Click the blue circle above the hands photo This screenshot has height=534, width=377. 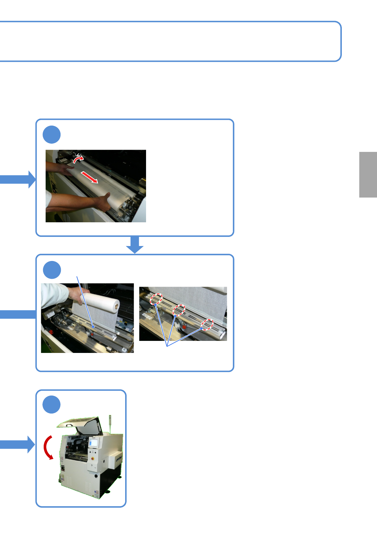[x=52, y=134]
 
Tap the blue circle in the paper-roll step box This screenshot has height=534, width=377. [x=52, y=270]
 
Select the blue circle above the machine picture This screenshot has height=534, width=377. [x=52, y=405]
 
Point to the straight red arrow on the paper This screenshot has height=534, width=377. [x=89, y=177]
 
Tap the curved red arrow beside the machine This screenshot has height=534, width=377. [x=48, y=447]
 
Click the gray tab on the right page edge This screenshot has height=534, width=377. [x=368, y=175]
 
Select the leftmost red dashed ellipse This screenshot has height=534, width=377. [x=156, y=299]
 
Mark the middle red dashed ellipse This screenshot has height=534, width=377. [x=179, y=310]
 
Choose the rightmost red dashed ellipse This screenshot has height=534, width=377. [x=208, y=324]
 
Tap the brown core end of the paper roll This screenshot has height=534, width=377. [x=117, y=306]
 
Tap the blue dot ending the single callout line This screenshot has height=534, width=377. [x=93, y=326]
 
